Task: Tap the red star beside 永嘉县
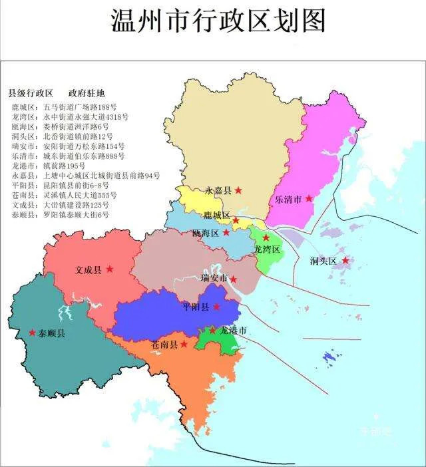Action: (238, 190)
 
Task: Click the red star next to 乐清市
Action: (309, 198)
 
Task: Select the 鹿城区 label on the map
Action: (216, 215)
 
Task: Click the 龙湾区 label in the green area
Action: (267, 249)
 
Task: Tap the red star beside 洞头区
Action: (345, 260)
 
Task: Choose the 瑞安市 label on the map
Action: (214, 278)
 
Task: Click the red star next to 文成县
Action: (110, 269)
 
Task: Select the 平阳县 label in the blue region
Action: (196, 307)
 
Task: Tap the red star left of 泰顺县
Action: (32, 332)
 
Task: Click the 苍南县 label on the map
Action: (164, 345)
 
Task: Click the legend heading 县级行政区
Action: (31, 92)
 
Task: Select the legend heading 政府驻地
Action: (87, 92)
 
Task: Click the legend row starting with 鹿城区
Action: (65, 106)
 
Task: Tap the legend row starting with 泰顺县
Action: (60, 215)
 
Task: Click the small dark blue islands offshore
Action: (329, 358)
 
